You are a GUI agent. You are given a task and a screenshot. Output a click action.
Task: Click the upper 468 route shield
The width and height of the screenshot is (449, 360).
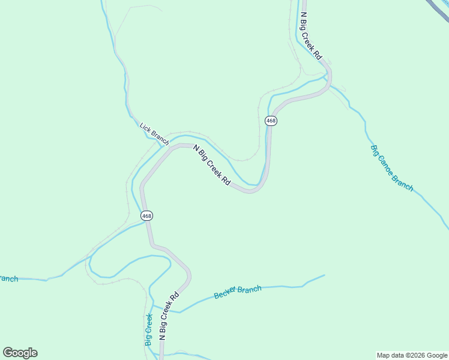[271, 121]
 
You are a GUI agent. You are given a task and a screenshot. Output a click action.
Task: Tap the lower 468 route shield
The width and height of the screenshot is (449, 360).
[146, 215]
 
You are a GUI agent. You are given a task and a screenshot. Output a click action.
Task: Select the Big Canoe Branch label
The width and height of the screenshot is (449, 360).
[392, 168]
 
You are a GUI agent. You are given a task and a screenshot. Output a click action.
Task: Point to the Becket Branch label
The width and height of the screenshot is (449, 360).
[238, 292]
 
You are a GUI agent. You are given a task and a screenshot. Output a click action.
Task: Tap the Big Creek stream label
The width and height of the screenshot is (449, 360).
[148, 329]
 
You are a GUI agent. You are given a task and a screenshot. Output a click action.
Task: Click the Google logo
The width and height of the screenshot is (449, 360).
[20, 353]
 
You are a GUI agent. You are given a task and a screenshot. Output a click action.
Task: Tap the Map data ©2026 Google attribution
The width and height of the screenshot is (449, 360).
[412, 355]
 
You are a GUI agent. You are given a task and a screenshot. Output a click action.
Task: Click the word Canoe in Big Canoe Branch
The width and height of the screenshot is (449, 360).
[390, 167]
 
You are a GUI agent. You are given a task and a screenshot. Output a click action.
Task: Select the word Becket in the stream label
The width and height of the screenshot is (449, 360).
[226, 294]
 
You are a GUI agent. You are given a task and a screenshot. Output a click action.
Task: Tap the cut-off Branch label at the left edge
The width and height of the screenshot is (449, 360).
[8, 278]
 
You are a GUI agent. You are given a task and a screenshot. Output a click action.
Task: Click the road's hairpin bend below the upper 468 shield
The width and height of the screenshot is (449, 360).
[253, 190]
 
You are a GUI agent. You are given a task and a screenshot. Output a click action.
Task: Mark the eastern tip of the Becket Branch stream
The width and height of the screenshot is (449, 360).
[324, 275]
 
